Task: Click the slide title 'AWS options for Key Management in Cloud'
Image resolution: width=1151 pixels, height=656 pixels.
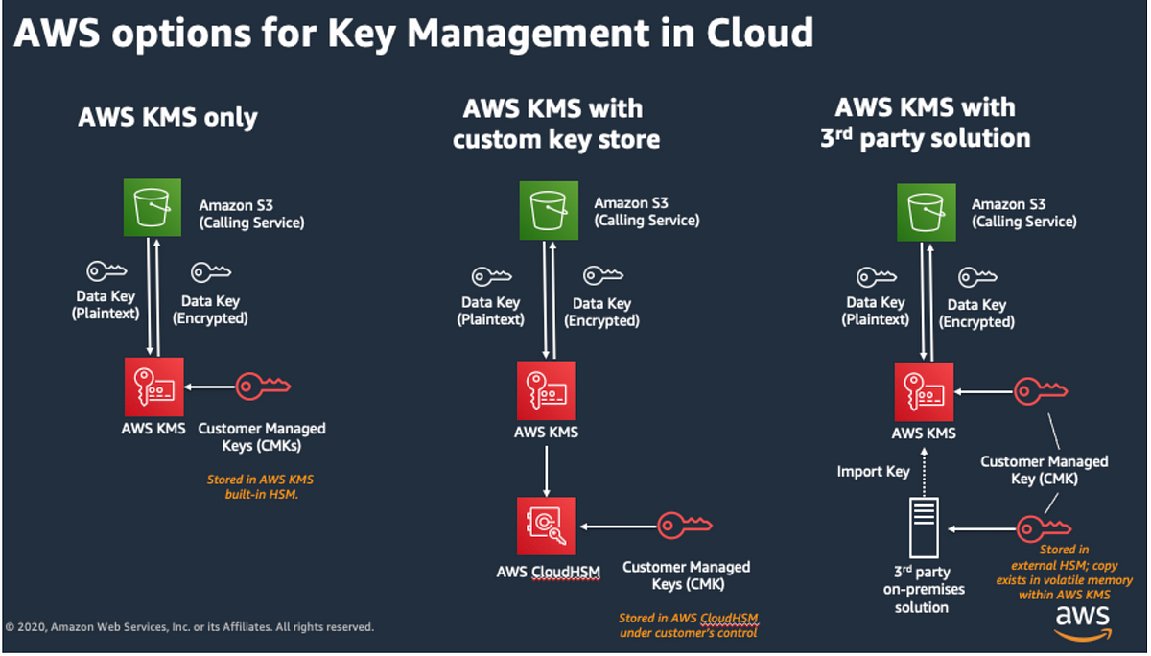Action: tap(412, 34)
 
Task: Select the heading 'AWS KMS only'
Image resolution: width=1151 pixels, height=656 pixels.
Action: tap(168, 118)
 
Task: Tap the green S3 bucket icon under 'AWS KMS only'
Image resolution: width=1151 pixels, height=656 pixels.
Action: tap(151, 208)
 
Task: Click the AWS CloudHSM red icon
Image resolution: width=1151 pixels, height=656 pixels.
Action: tap(546, 526)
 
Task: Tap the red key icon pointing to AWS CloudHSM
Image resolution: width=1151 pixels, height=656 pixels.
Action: tap(684, 526)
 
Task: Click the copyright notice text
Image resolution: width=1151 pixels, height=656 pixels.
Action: tap(190, 627)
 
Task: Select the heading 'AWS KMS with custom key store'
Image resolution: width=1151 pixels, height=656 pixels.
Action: tap(555, 124)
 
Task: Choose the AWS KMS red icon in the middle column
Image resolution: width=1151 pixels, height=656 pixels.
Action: tap(546, 390)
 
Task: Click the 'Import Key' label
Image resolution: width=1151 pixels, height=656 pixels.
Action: tap(873, 472)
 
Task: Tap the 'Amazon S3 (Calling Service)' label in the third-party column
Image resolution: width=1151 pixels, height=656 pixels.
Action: tap(1023, 213)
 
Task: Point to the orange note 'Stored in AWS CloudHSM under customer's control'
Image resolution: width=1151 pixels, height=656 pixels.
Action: tap(688, 625)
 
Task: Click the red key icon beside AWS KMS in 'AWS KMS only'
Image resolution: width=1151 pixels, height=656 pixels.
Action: tap(263, 387)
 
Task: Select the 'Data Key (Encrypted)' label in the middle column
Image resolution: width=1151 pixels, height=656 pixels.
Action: tap(601, 312)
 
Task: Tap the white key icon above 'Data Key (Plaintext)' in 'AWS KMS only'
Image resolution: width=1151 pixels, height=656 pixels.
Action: tap(106, 271)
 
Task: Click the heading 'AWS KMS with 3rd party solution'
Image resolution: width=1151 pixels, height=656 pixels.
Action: tap(925, 123)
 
